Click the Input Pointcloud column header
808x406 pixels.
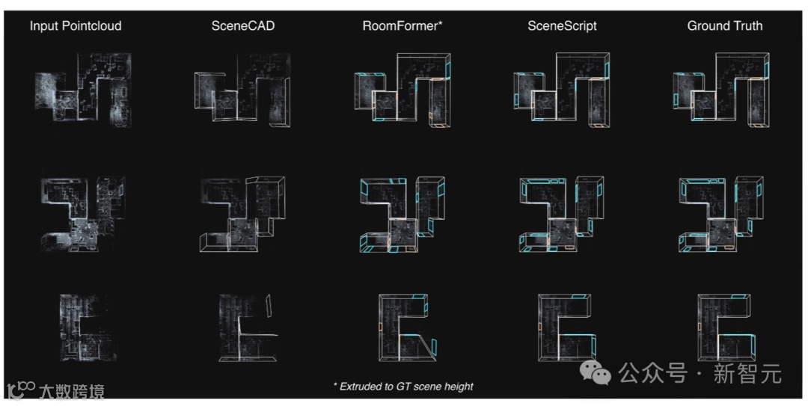coord(76,26)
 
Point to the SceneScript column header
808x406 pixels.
coord(562,26)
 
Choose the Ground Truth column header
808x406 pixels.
coord(724,26)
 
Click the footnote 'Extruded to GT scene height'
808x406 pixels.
coord(403,387)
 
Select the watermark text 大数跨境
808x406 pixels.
coord(71,390)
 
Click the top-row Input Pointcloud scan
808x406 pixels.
coord(83,90)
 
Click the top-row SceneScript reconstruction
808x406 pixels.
coord(563,90)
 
